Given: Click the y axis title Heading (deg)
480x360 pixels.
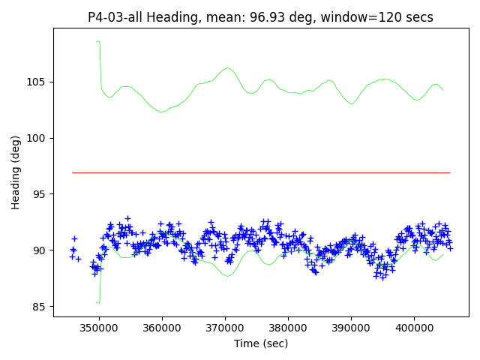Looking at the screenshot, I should coord(16,172).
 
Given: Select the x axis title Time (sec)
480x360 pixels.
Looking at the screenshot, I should coord(260,343).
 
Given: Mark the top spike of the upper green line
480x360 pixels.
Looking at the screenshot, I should coord(97,42).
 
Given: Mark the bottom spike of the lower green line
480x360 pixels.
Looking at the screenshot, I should coord(98,302).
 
